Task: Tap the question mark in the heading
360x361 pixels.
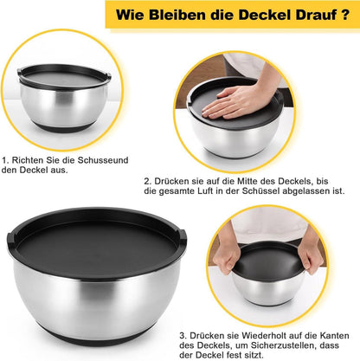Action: (x=345, y=15)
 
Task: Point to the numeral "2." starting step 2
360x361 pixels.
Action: (x=148, y=182)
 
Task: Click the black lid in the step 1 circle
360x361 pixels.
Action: (x=63, y=76)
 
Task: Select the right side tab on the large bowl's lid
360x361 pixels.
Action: (x=183, y=235)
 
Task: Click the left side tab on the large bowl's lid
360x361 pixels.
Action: (x=10, y=237)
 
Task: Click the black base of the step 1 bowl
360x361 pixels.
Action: (x=62, y=127)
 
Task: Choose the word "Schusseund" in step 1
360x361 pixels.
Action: (x=103, y=160)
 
